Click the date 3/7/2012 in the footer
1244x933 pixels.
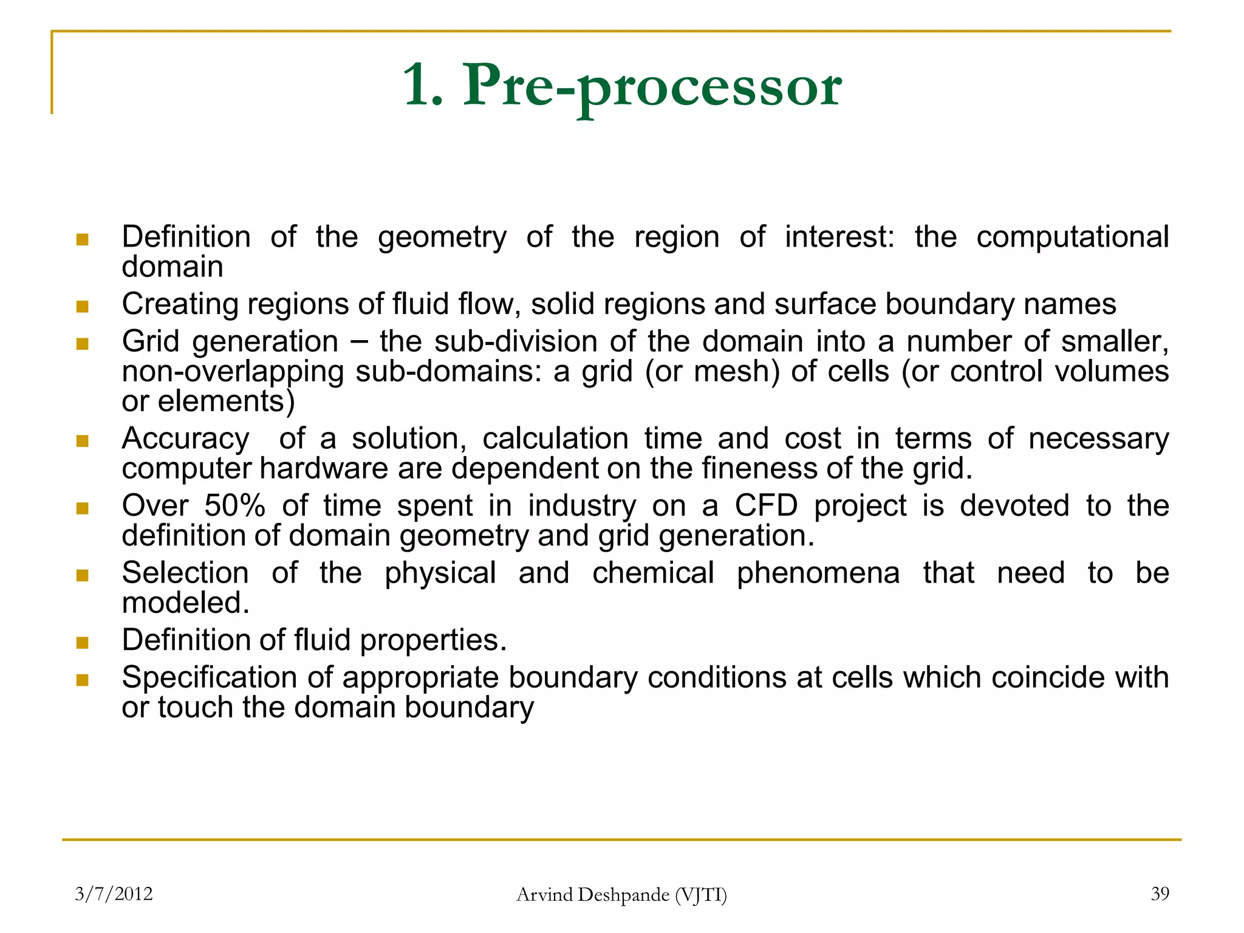coord(114,894)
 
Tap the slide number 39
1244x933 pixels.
coord(1160,894)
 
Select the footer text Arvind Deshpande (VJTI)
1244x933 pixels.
coord(621,895)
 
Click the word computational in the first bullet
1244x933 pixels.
coord(1072,237)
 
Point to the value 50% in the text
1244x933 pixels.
coord(234,505)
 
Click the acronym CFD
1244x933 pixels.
coord(766,505)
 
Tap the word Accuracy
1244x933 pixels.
coord(185,439)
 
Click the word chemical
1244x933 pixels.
coord(653,573)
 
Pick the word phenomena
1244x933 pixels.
coord(818,573)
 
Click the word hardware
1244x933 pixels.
coord(324,469)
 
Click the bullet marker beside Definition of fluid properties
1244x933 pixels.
coord(83,642)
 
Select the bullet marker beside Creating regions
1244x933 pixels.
coord(83,306)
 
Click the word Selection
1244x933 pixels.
coord(185,573)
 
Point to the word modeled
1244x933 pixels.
coord(185,603)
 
